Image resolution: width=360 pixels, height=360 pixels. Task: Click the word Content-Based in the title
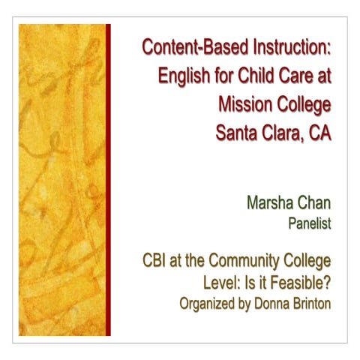[186, 49]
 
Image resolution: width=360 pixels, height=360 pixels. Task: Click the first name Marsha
[267, 202]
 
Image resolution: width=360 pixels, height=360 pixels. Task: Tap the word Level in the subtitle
[210, 283]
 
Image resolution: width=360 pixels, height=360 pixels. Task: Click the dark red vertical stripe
[108, 180]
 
